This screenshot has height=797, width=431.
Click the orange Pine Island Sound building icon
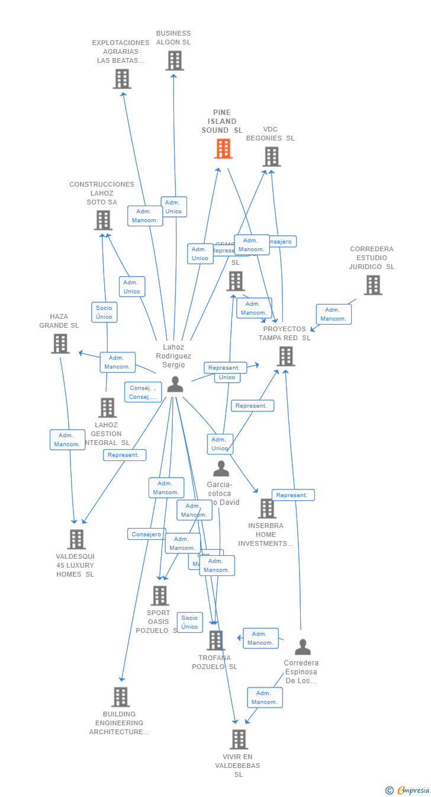(223, 149)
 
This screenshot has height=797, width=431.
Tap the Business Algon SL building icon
(175, 60)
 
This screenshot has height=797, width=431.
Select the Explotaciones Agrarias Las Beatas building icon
(122, 79)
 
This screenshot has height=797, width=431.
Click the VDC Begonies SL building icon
(271, 156)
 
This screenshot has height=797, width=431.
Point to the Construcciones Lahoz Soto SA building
(103, 220)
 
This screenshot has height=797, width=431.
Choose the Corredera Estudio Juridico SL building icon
(372, 285)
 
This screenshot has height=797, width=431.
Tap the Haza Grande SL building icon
(60, 344)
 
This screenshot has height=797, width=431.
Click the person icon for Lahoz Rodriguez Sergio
(175, 384)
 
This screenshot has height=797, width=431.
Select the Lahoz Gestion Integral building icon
(107, 408)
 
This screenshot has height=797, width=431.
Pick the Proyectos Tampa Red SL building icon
(286, 356)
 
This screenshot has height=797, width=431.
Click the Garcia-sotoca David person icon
(221, 469)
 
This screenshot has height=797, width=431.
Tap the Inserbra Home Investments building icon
(266, 508)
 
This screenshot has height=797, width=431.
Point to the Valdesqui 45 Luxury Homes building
(76, 539)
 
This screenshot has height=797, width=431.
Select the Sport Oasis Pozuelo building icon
(159, 596)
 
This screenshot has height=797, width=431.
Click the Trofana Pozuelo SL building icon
(215, 641)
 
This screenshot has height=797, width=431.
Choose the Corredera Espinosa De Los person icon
(303, 647)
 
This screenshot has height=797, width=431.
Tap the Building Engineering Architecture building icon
(120, 697)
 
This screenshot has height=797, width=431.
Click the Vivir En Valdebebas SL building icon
(239, 739)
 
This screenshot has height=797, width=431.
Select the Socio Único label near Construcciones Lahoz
(104, 312)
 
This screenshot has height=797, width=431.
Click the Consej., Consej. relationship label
(143, 392)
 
